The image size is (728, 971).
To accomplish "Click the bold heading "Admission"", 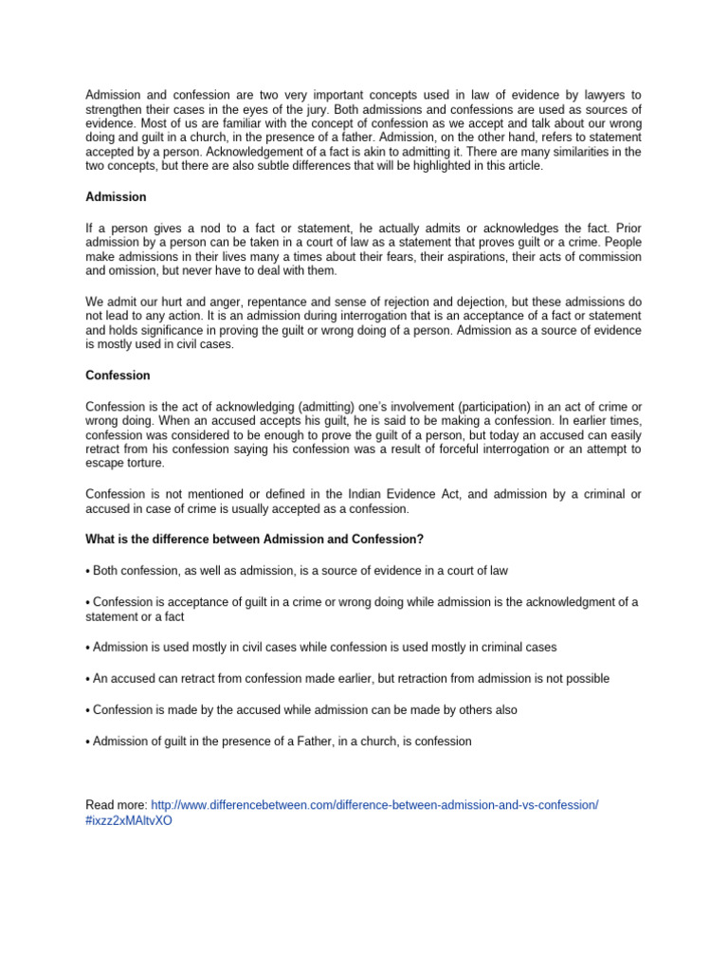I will (x=116, y=196).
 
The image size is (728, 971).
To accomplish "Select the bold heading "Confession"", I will (x=118, y=376).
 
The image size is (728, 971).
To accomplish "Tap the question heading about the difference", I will (x=254, y=539).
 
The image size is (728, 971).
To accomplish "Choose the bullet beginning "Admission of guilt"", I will (x=279, y=741).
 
